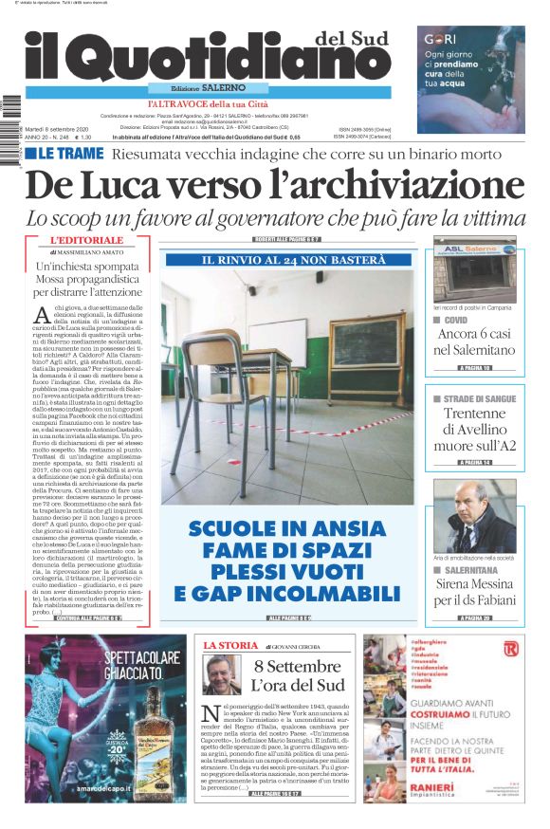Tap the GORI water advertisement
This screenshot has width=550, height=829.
click(470, 66)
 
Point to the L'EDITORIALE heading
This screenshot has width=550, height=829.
click(82, 241)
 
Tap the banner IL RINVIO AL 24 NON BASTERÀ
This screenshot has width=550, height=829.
click(288, 260)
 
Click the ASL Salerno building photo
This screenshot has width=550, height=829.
click(474, 269)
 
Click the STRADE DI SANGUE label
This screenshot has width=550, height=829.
click(480, 398)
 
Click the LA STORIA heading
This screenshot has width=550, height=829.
click(230, 645)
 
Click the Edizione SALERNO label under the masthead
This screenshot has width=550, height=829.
click(202, 87)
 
